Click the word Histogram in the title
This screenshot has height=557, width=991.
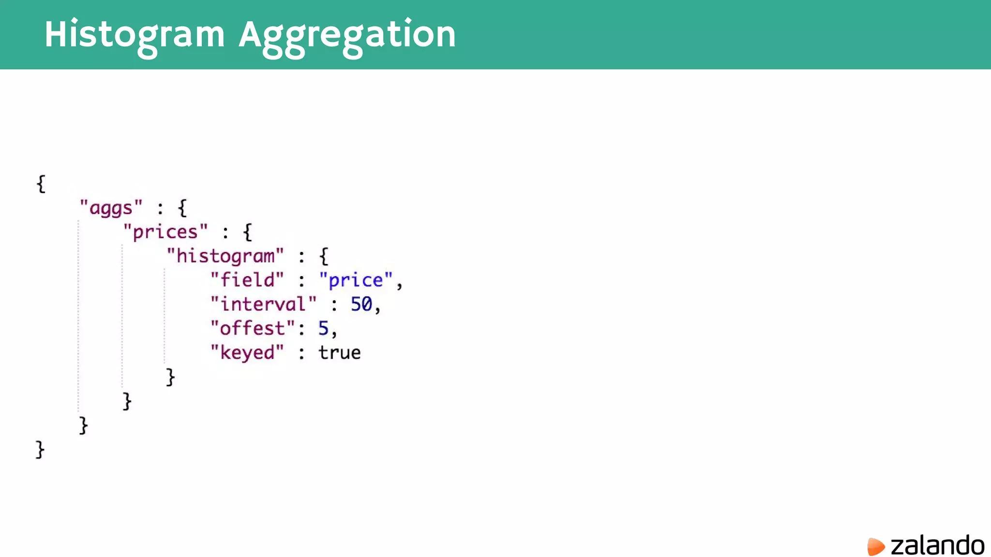[135, 35]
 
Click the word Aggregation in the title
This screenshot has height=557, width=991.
[347, 35]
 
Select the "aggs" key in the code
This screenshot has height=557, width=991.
[111, 208]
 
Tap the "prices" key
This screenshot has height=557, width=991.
[165, 232]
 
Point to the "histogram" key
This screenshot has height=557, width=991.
[225, 256]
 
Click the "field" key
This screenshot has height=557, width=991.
[247, 280]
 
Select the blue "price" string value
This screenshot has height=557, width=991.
[356, 280]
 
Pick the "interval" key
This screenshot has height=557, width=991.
[263, 304]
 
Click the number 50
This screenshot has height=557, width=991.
[361, 304]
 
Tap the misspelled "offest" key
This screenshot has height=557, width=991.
[252, 328]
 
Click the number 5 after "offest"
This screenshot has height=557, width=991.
[323, 328]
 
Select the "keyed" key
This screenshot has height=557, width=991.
[247, 352]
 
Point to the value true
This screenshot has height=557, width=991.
[339, 352]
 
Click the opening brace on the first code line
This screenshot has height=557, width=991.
[41, 184]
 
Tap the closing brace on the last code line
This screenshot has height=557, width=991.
[40, 450]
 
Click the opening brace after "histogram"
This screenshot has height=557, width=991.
[324, 256]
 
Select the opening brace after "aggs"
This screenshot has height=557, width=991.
[182, 208]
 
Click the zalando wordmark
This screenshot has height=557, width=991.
[937, 546]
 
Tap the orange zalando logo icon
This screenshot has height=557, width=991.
[875, 546]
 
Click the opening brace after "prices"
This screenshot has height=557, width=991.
[248, 233]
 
